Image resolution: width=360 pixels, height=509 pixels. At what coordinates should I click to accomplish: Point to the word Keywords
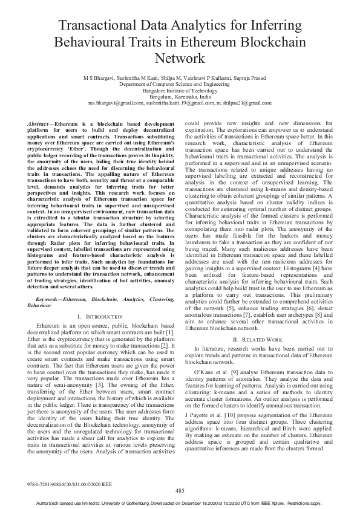48,299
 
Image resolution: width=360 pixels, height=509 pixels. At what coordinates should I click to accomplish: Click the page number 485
180,490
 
